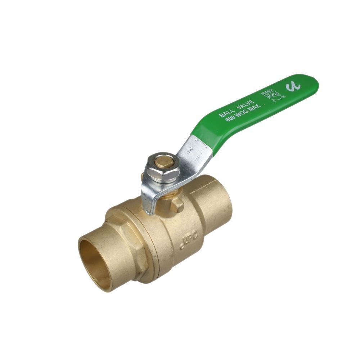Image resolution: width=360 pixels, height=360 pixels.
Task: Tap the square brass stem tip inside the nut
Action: [162, 163]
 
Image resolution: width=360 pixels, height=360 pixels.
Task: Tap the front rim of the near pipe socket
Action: [82, 259]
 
